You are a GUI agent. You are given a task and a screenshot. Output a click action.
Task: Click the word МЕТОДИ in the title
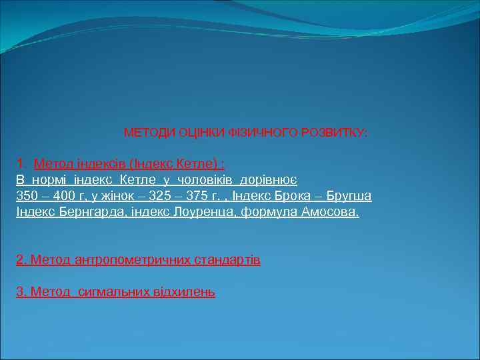pyautogui.click(x=149, y=133)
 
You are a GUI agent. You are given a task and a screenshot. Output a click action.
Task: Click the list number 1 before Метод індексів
pyautogui.click(x=20, y=162)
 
